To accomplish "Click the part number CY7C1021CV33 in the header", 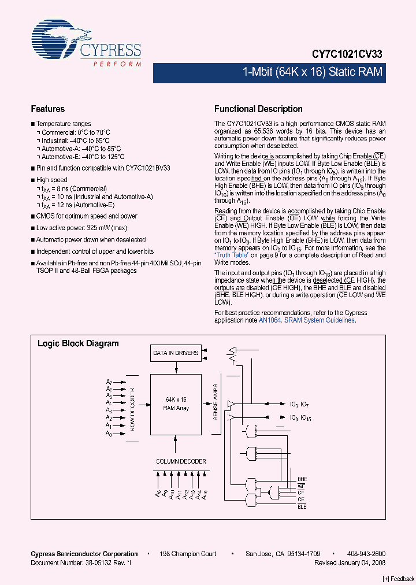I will [x=347, y=53].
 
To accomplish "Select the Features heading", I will [x=47, y=109].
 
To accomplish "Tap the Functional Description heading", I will [x=258, y=109].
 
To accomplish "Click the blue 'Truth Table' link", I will [x=232, y=255].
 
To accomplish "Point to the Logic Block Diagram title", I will [x=78, y=343].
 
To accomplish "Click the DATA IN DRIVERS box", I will [x=176, y=353].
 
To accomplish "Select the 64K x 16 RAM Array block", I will [x=175, y=403].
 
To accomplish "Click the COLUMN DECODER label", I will [x=181, y=461].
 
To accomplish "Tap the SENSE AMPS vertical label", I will [x=215, y=401].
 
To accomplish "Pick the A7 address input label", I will [x=109, y=382].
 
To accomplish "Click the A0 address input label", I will [x=109, y=433].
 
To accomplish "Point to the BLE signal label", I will [x=302, y=506].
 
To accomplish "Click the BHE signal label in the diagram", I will [x=302, y=479].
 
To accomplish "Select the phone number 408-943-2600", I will [x=366, y=554].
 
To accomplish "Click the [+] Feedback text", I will [x=399, y=579].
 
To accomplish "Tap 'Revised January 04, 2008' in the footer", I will [x=350, y=562].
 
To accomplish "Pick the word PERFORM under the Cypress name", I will [x=117, y=64].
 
